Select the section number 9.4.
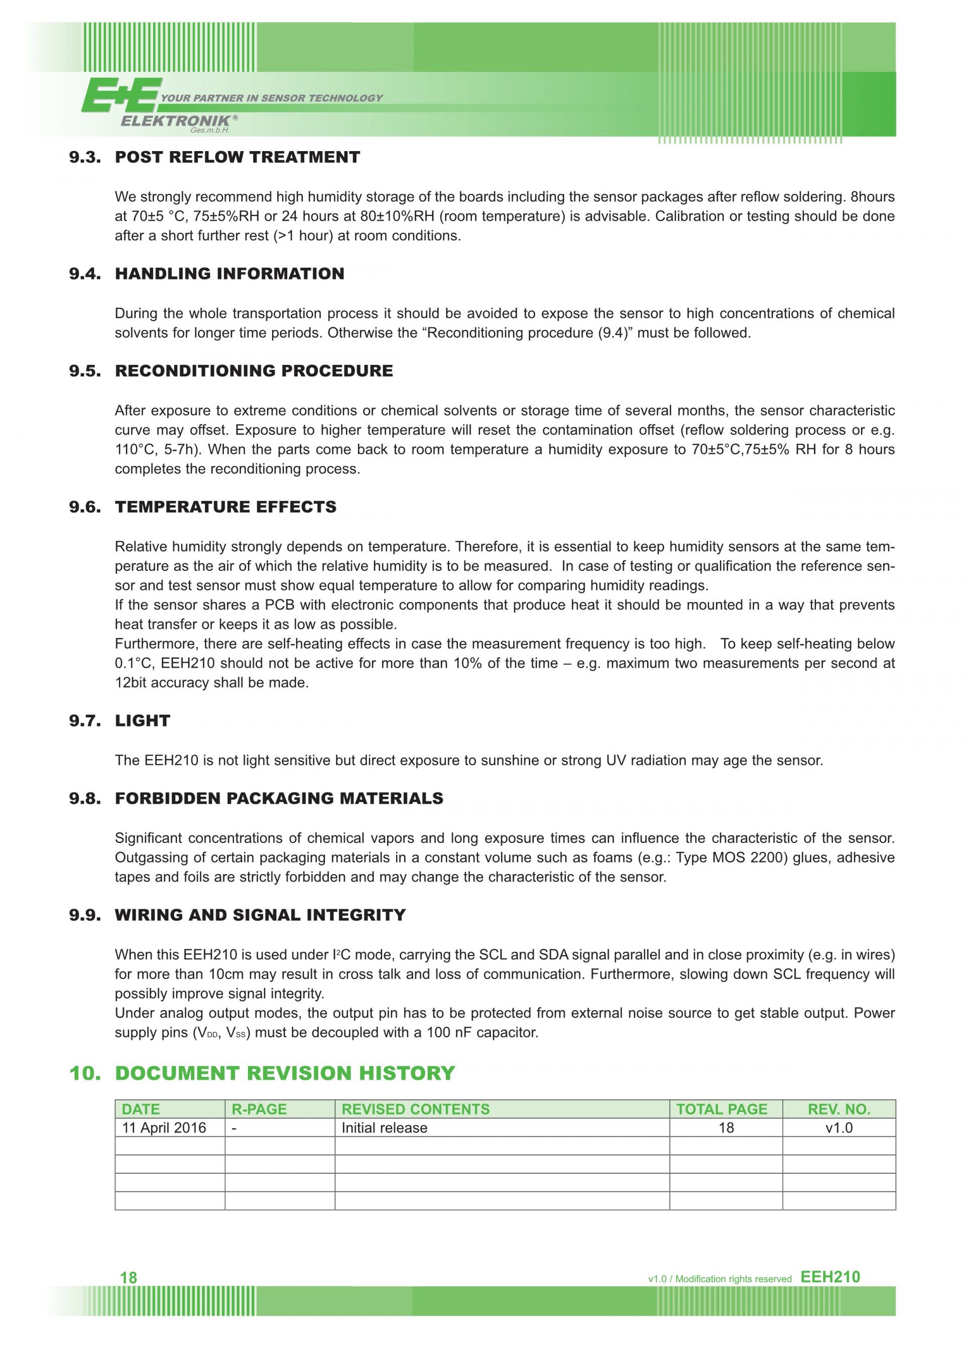point(85,274)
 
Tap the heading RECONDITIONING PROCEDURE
point(254,371)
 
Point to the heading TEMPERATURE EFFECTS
point(225,507)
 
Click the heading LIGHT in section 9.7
point(143,721)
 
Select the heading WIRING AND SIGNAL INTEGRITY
point(260,915)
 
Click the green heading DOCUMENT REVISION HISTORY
point(285,1073)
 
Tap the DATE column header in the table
point(141,1109)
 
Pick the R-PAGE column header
point(259,1109)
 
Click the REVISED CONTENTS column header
point(416,1109)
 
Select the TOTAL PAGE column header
point(722,1109)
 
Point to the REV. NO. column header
point(839,1109)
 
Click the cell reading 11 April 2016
point(164,1128)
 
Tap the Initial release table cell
point(384,1128)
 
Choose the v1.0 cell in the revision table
point(839,1128)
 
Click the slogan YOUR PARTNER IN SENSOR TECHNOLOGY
point(272,98)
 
